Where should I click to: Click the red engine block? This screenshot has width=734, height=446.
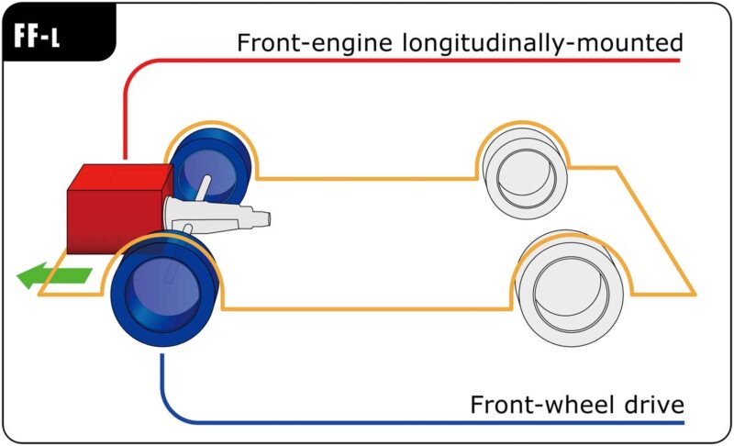110,211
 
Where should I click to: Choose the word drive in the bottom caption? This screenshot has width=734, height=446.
653,405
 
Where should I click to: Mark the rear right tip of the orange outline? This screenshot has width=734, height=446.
695,295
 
